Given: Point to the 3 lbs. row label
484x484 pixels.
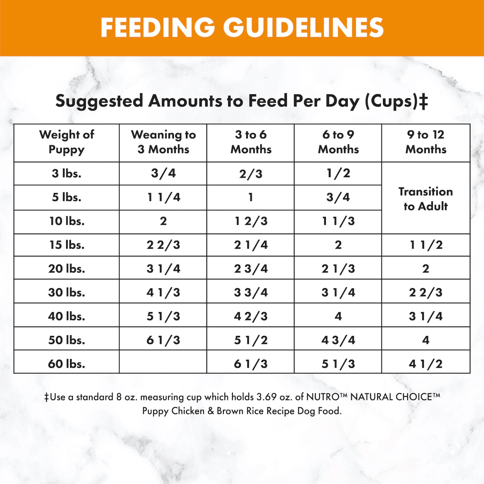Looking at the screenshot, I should pyautogui.click(x=67, y=173).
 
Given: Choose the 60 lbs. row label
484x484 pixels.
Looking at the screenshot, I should pyautogui.click(x=67, y=364).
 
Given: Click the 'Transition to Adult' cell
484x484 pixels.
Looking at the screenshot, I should pyautogui.click(x=426, y=199).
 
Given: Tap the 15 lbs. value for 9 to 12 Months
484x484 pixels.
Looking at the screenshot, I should pyautogui.click(x=426, y=245).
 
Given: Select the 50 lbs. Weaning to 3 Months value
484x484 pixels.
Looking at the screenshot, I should pyautogui.click(x=163, y=340).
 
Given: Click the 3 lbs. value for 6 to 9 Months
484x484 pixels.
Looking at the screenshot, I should pyautogui.click(x=338, y=173).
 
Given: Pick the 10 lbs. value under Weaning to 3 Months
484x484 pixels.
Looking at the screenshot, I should pyautogui.click(x=163, y=221).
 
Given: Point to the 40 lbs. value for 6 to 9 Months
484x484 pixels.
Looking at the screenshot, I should pyautogui.click(x=338, y=316).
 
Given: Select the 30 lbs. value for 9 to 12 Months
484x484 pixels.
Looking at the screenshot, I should pyautogui.click(x=426, y=292).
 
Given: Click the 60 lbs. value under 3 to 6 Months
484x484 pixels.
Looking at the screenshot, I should pyautogui.click(x=251, y=364).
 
